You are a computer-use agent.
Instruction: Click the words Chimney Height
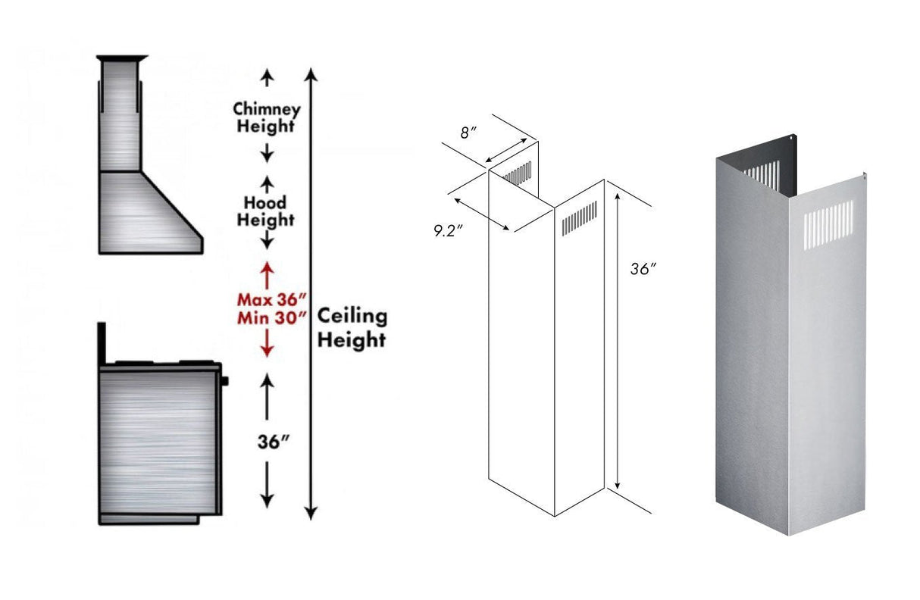click(x=266, y=117)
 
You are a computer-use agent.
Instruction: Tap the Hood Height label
click(x=265, y=211)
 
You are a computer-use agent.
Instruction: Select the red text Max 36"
click(x=266, y=299)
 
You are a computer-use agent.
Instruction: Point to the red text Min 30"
click(x=266, y=317)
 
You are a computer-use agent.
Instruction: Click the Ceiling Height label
click(x=352, y=327)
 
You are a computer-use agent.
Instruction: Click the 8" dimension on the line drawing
click(x=469, y=133)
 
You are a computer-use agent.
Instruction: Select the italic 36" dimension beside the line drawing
click(x=643, y=268)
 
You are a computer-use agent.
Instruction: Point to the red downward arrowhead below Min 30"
click(x=266, y=349)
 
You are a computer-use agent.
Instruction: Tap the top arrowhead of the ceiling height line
click(x=310, y=74)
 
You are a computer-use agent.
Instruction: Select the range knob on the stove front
click(x=225, y=380)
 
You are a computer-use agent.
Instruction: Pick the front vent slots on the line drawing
click(x=579, y=217)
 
